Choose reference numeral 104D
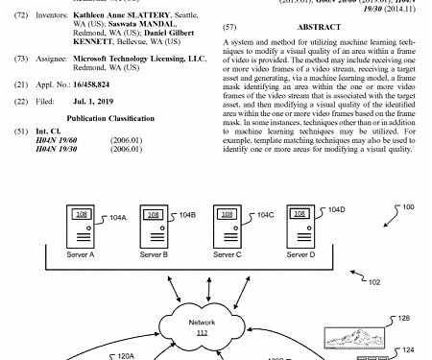(336, 209)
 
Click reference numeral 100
(408, 207)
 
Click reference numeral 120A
(126, 355)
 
